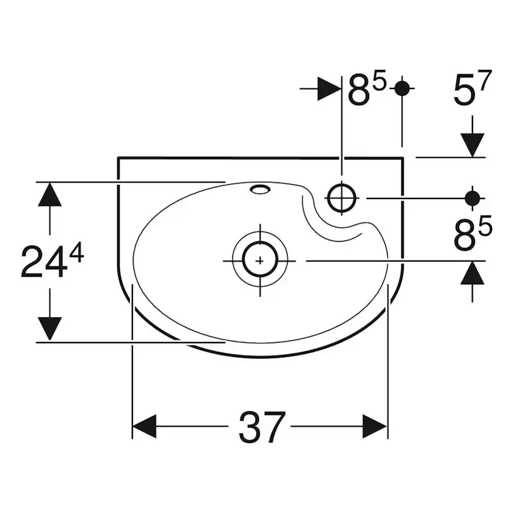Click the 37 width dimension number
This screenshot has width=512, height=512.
click(262, 427)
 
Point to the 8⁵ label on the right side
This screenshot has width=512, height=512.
click(473, 234)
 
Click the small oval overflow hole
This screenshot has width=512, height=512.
click(260, 189)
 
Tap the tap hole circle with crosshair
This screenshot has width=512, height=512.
click(341, 198)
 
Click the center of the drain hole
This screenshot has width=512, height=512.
click(260, 260)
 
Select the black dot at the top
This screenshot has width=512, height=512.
click(402, 88)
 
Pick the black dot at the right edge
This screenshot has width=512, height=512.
click(472, 198)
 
